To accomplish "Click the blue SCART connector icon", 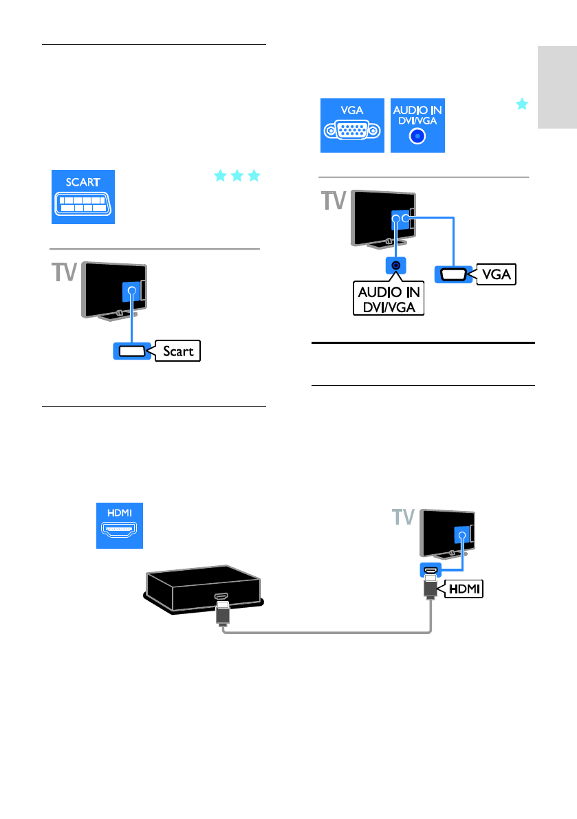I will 83,197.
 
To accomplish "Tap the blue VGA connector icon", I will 351,125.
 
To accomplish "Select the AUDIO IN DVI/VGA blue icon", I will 417,125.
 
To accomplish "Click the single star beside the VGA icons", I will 523,105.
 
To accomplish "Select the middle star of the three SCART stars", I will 237,176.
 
